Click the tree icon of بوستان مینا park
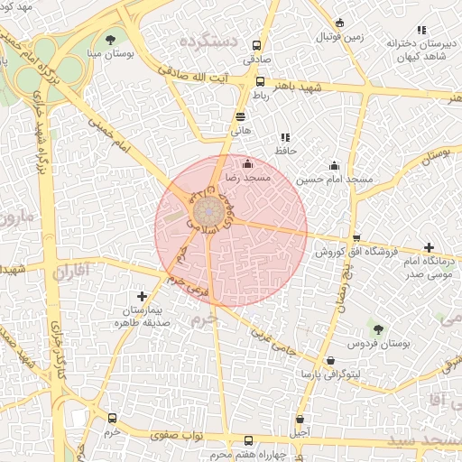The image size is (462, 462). [110, 40]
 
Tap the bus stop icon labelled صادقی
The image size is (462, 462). [257, 45]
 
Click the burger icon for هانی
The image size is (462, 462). [240, 116]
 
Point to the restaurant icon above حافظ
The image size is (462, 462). [286, 137]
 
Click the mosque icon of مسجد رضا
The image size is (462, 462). [248, 164]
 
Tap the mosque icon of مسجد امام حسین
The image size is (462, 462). [335, 165]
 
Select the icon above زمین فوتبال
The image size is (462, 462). [339, 23]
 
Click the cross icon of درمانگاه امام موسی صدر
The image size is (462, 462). [428, 247]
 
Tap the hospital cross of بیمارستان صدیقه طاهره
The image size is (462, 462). [142, 296]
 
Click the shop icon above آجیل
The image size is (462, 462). [300, 420]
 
